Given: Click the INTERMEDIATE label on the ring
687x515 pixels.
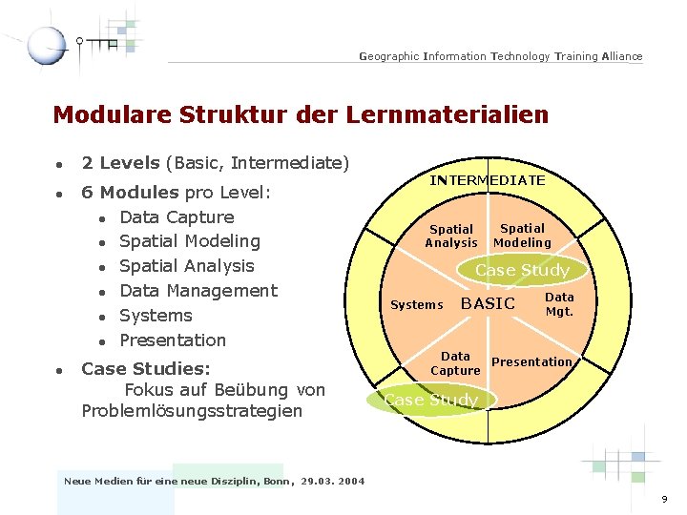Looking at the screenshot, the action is [488, 180].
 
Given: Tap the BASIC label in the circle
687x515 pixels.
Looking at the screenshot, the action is [488, 303].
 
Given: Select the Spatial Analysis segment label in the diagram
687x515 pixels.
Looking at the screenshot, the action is [451, 236].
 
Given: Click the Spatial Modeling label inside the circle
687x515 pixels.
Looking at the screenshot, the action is [522, 235].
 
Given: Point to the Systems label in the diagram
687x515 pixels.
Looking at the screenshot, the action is [417, 305].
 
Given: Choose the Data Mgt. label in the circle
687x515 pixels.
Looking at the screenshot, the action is [559, 304].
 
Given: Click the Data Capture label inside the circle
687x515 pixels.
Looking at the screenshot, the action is [455, 362].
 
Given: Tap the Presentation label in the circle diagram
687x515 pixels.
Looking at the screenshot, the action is [531, 362].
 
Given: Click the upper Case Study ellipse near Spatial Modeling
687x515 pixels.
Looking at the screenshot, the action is [522, 270].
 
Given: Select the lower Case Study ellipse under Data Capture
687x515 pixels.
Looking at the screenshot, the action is [431, 400].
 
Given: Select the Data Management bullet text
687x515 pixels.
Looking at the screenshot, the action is [198, 291].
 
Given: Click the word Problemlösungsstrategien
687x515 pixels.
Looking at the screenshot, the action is [192, 411].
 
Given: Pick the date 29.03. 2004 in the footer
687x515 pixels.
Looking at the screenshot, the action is [332, 482].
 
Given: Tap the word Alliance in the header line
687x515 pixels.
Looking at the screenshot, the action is [622, 57].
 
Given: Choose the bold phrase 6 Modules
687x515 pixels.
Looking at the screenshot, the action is [130, 193].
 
